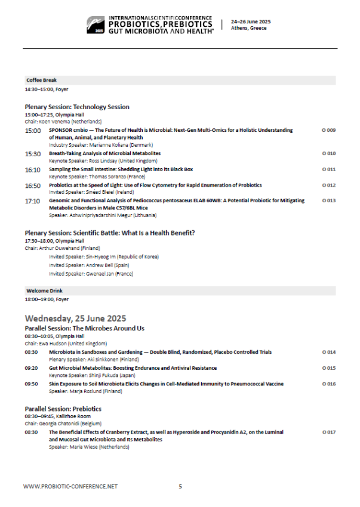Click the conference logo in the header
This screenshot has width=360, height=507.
[x=96, y=24]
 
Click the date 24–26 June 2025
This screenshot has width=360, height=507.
[x=250, y=22]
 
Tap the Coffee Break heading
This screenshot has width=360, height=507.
[x=41, y=80]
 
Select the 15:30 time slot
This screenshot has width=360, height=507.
[x=33, y=154]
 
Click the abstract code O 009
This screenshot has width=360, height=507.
[x=328, y=130]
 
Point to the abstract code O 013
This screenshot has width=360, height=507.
[x=328, y=200]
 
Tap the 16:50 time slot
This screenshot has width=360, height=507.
[x=33, y=186]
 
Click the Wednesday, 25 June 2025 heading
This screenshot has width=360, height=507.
[x=75, y=318]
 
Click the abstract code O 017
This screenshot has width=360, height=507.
[x=328, y=431]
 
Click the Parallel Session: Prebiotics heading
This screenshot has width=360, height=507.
[x=63, y=409]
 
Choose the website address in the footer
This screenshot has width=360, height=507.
[x=70, y=487]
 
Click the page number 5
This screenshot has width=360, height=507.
[x=180, y=487]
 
